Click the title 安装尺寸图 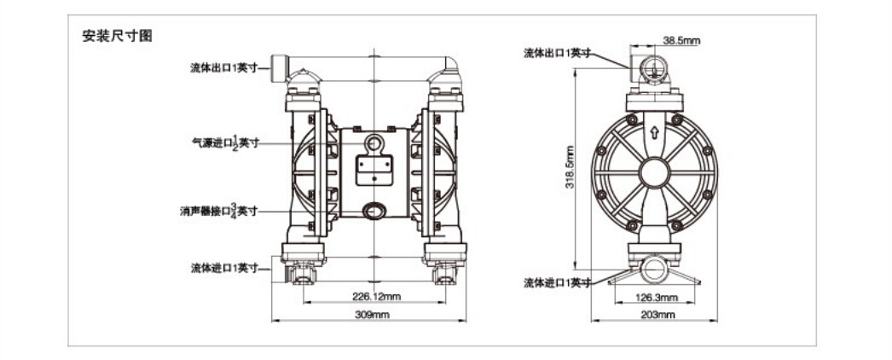(x=117, y=36)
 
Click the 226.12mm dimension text (x=375, y=296)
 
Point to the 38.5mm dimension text (x=681, y=40)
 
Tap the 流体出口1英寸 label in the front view (x=224, y=67)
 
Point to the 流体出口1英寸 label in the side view (x=558, y=53)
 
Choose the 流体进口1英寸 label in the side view (x=558, y=282)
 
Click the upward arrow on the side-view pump (x=654, y=133)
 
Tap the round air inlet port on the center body (x=374, y=142)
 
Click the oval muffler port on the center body (x=374, y=211)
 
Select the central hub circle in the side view (x=654, y=173)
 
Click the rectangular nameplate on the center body (x=374, y=171)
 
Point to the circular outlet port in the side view (x=653, y=70)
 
